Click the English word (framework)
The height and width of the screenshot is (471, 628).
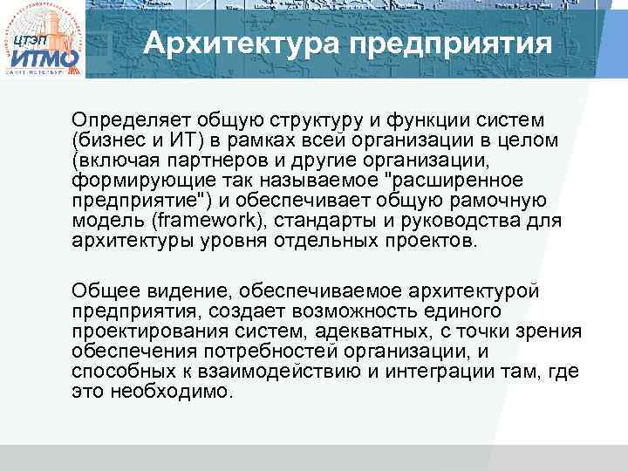184,222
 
